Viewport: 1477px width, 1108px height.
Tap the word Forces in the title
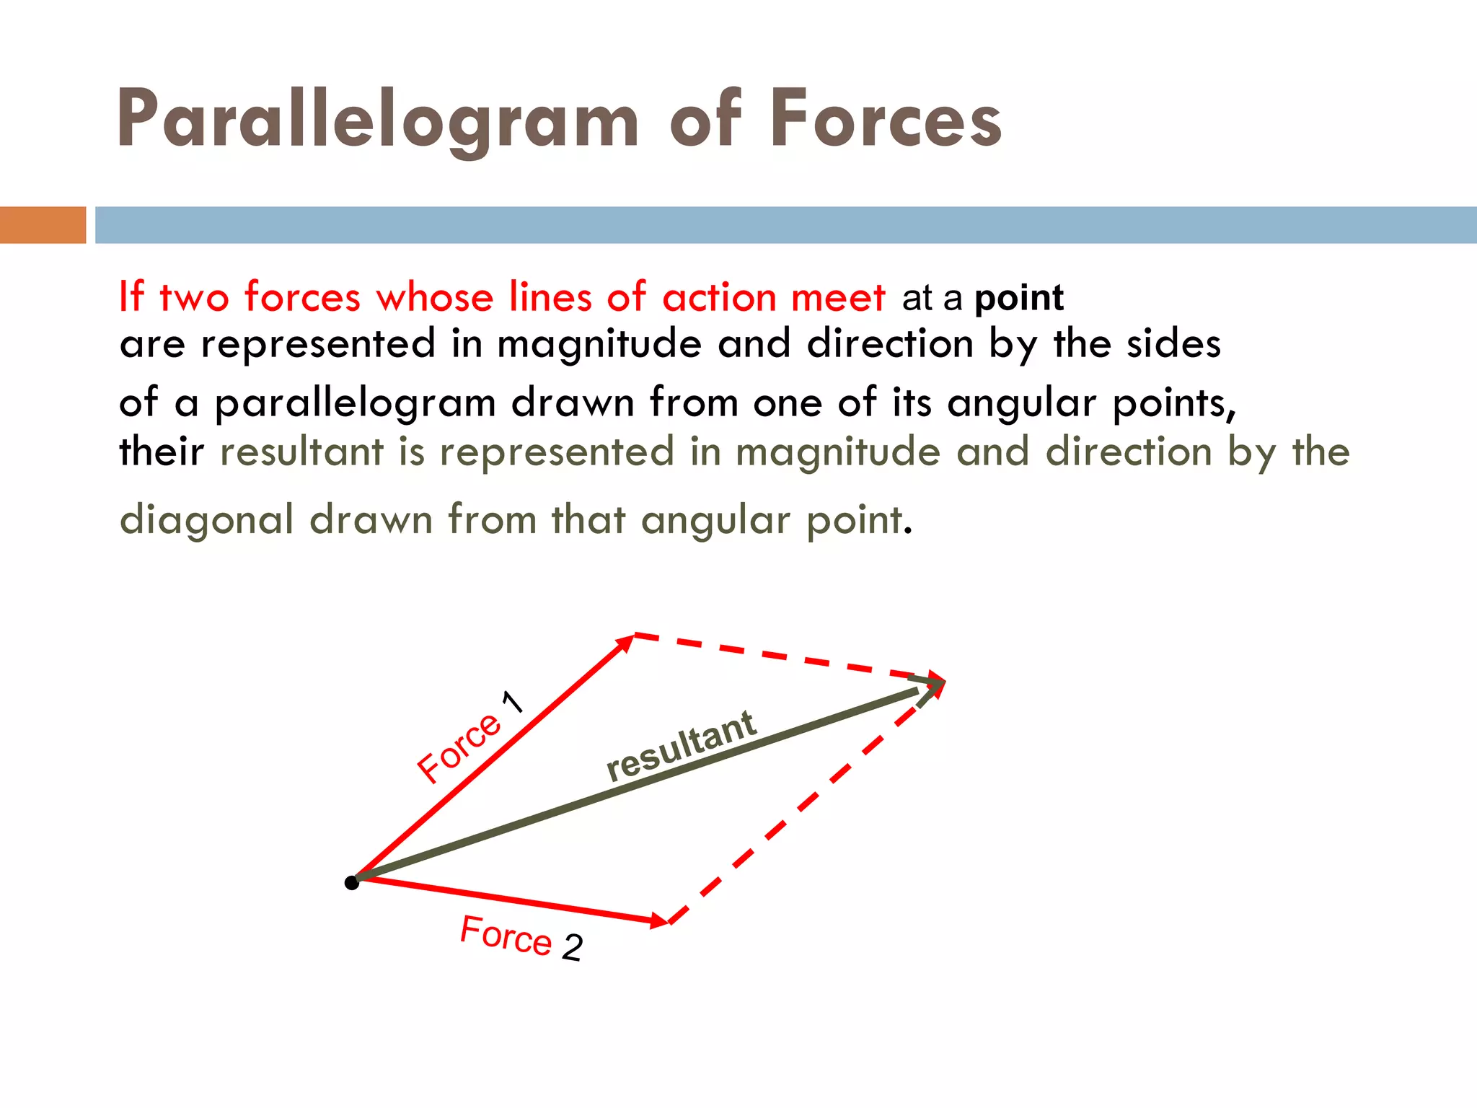(x=886, y=118)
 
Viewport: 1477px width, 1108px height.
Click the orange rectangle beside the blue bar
(x=43, y=224)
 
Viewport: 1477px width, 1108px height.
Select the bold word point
(x=1019, y=298)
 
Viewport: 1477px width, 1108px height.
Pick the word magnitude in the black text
(x=599, y=344)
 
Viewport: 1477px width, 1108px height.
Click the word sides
(x=1173, y=343)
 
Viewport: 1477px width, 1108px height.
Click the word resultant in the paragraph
(x=301, y=452)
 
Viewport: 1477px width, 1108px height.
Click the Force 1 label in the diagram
(x=469, y=737)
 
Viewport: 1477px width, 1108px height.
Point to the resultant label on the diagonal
(x=681, y=746)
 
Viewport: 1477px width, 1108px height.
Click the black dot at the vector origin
(x=352, y=883)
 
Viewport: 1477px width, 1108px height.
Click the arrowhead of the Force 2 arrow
(x=660, y=920)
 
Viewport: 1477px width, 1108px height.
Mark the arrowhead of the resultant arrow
(x=933, y=686)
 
